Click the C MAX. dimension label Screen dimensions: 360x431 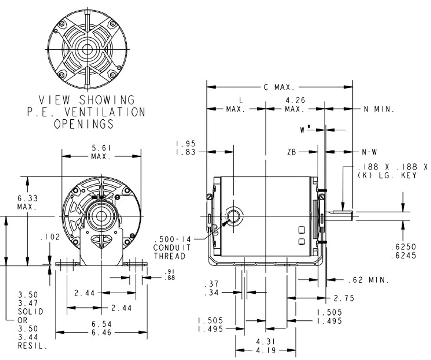pos(279,87)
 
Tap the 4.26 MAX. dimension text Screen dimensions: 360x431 pos(295,105)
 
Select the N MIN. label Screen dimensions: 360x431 pos(379,109)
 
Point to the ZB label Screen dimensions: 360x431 pos(292,152)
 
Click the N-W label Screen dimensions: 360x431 pos(369,152)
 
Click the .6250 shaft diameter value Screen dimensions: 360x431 pos(403,247)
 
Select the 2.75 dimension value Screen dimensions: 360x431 pos(344,298)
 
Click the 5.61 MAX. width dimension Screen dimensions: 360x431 pos(101,152)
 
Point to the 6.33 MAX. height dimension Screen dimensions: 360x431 pos(28,203)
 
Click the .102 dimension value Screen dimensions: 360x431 pos(50,237)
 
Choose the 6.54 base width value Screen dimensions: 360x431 pos(101,324)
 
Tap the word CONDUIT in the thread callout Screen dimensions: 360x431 pos(172,248)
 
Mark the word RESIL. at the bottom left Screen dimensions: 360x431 pos(32,346)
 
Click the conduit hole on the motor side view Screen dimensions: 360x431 pos(233,216)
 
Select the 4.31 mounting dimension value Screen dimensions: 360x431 pos(266,342)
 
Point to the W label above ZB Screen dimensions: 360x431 pos(303,130)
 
